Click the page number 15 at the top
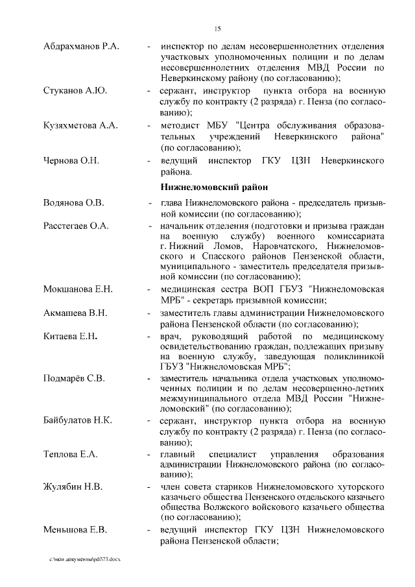coord(217,27)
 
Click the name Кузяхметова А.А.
coord(80,126)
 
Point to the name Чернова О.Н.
coord(72,160)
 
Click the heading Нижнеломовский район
coord(213,187)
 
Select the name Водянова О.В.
coord(73,203)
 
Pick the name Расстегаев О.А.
coord(76,226)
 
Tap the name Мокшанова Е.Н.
coord(78,289)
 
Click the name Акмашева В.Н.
coord(76,313)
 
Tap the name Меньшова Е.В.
coord(75,531)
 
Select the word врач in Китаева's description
coord(171,337)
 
